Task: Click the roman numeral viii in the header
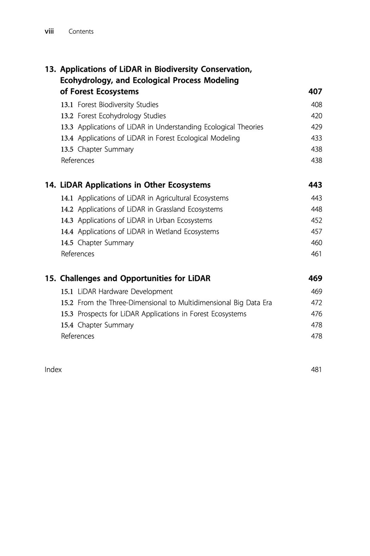[x=50, y=31]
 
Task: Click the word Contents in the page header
[x=81, y=31]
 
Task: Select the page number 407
[x=315, y=92]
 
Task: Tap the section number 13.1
[x=68, y=105]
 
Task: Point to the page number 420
[x=316, y=116]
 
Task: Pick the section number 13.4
[x=68, y=138]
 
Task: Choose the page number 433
[x=316, y=138]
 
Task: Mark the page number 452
[x=316, y=220]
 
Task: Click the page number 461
[x=316, y=254]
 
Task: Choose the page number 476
[x=316, y=314]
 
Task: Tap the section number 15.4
[x=68, y=325]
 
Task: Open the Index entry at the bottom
[x=53, y=369]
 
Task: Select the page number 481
[x=316, y=369]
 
